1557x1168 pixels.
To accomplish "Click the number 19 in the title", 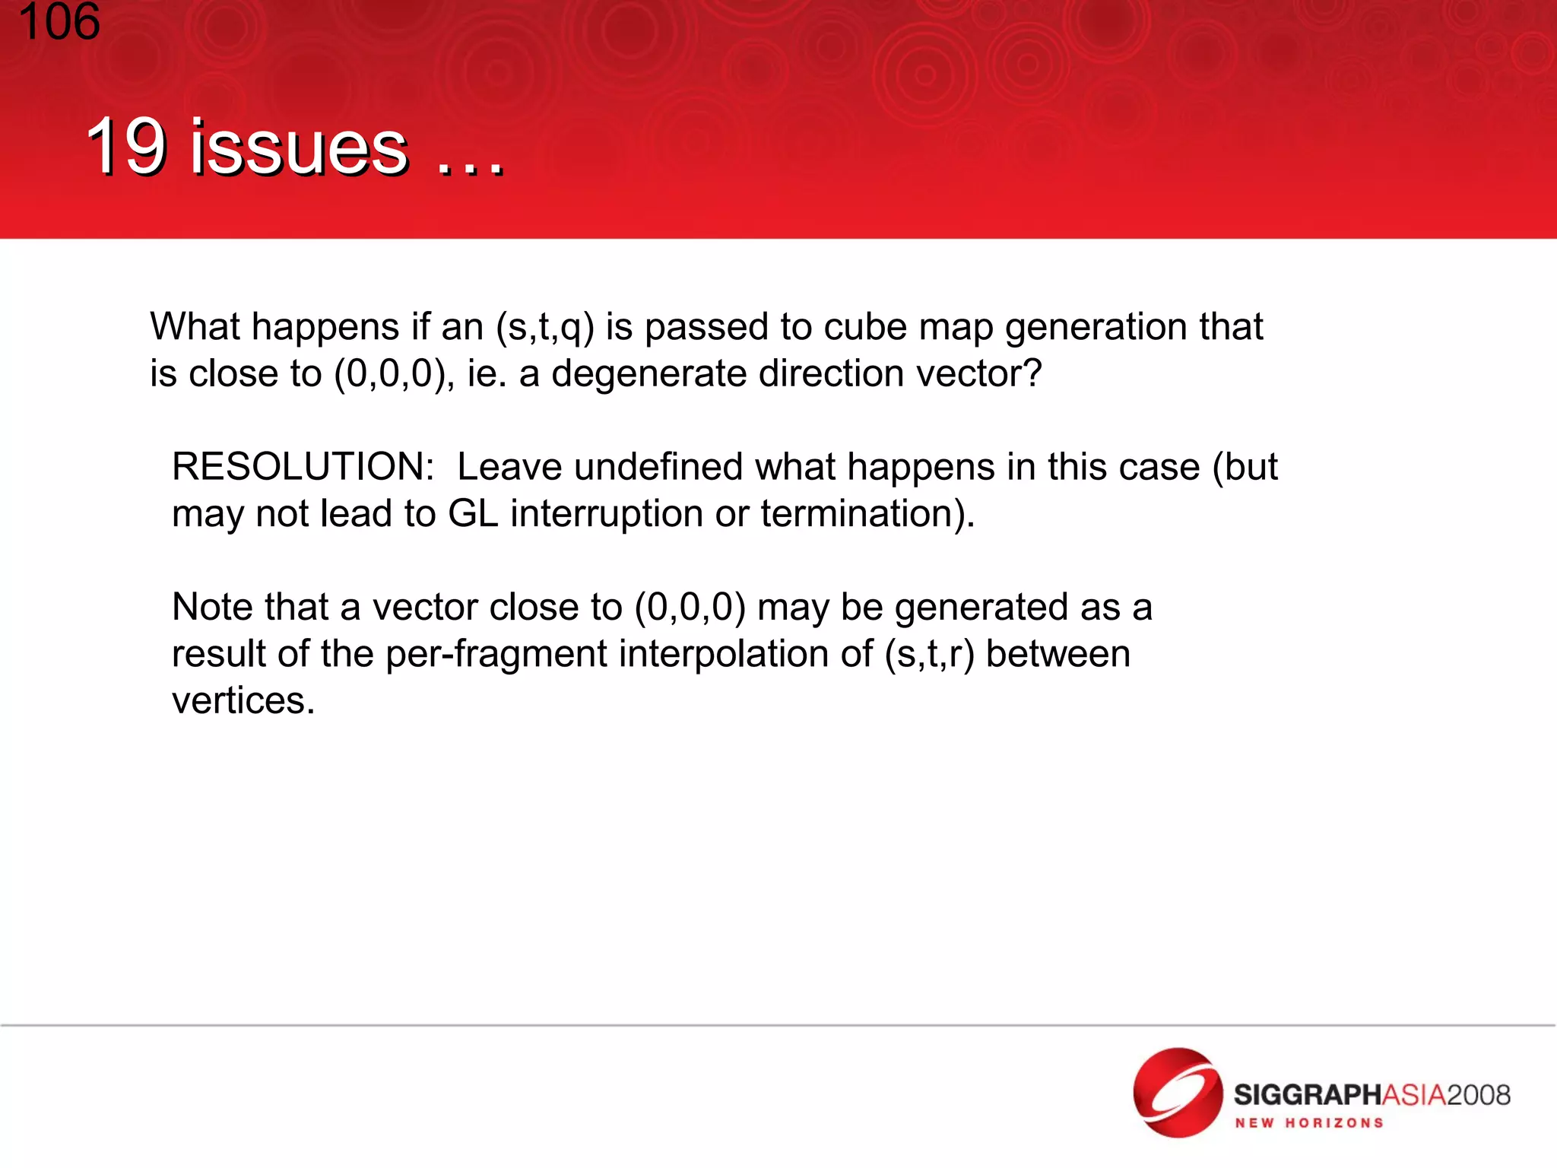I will point(125,146).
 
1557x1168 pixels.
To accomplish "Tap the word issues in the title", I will point(299,148).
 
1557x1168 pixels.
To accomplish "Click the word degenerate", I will point(648,375).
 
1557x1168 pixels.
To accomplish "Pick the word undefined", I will point(658,467).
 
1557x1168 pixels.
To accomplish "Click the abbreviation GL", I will point(473,514).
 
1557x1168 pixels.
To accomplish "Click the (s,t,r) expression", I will point(929,655).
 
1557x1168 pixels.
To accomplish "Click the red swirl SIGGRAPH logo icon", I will point(1178,1093).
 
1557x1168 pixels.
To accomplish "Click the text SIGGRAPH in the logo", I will point(1306,1095).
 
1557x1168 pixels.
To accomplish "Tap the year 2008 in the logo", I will point(1478,1095).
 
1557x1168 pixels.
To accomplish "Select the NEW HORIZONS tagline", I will point(1308,1123).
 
